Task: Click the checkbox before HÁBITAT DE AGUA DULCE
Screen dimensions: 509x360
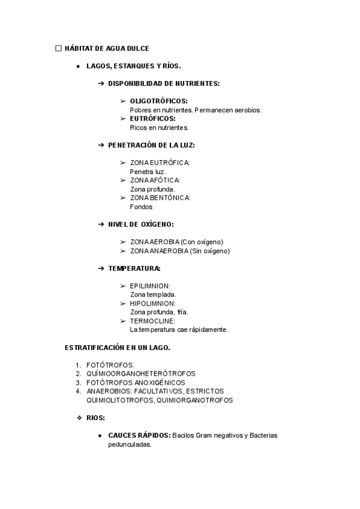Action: pyautogui.click(x=58, y=48)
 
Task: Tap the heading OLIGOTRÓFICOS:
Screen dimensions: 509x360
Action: pyautogui.click(x=158, y=101)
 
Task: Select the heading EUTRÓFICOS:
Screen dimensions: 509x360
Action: pyautogui.click(x=152, y=118)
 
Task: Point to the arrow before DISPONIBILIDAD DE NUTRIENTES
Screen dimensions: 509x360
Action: pyautogui.click(x=101, y=83)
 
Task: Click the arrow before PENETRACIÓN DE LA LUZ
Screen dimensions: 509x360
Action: pyautogui.click(x=101, y=145)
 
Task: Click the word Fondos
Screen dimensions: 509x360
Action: pyautogui.click(x=141, y=206)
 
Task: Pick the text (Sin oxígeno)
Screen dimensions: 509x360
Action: pyautogui.click(x=209, y=251)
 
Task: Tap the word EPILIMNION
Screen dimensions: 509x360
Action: pyautogui.click(x=149, y=286)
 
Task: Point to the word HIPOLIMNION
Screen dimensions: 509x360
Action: pyautogui.click(x=152, y=303)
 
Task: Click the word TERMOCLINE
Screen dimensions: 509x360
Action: pyautogui.click(x=152, y=321)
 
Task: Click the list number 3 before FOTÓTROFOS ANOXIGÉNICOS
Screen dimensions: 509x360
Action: pyautogui.click(x=78, y=382)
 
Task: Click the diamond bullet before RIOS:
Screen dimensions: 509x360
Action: pyautogui.click(x=79, y=417)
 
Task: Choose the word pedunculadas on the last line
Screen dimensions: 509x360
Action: pyautogui.click(x=130, y=444)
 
